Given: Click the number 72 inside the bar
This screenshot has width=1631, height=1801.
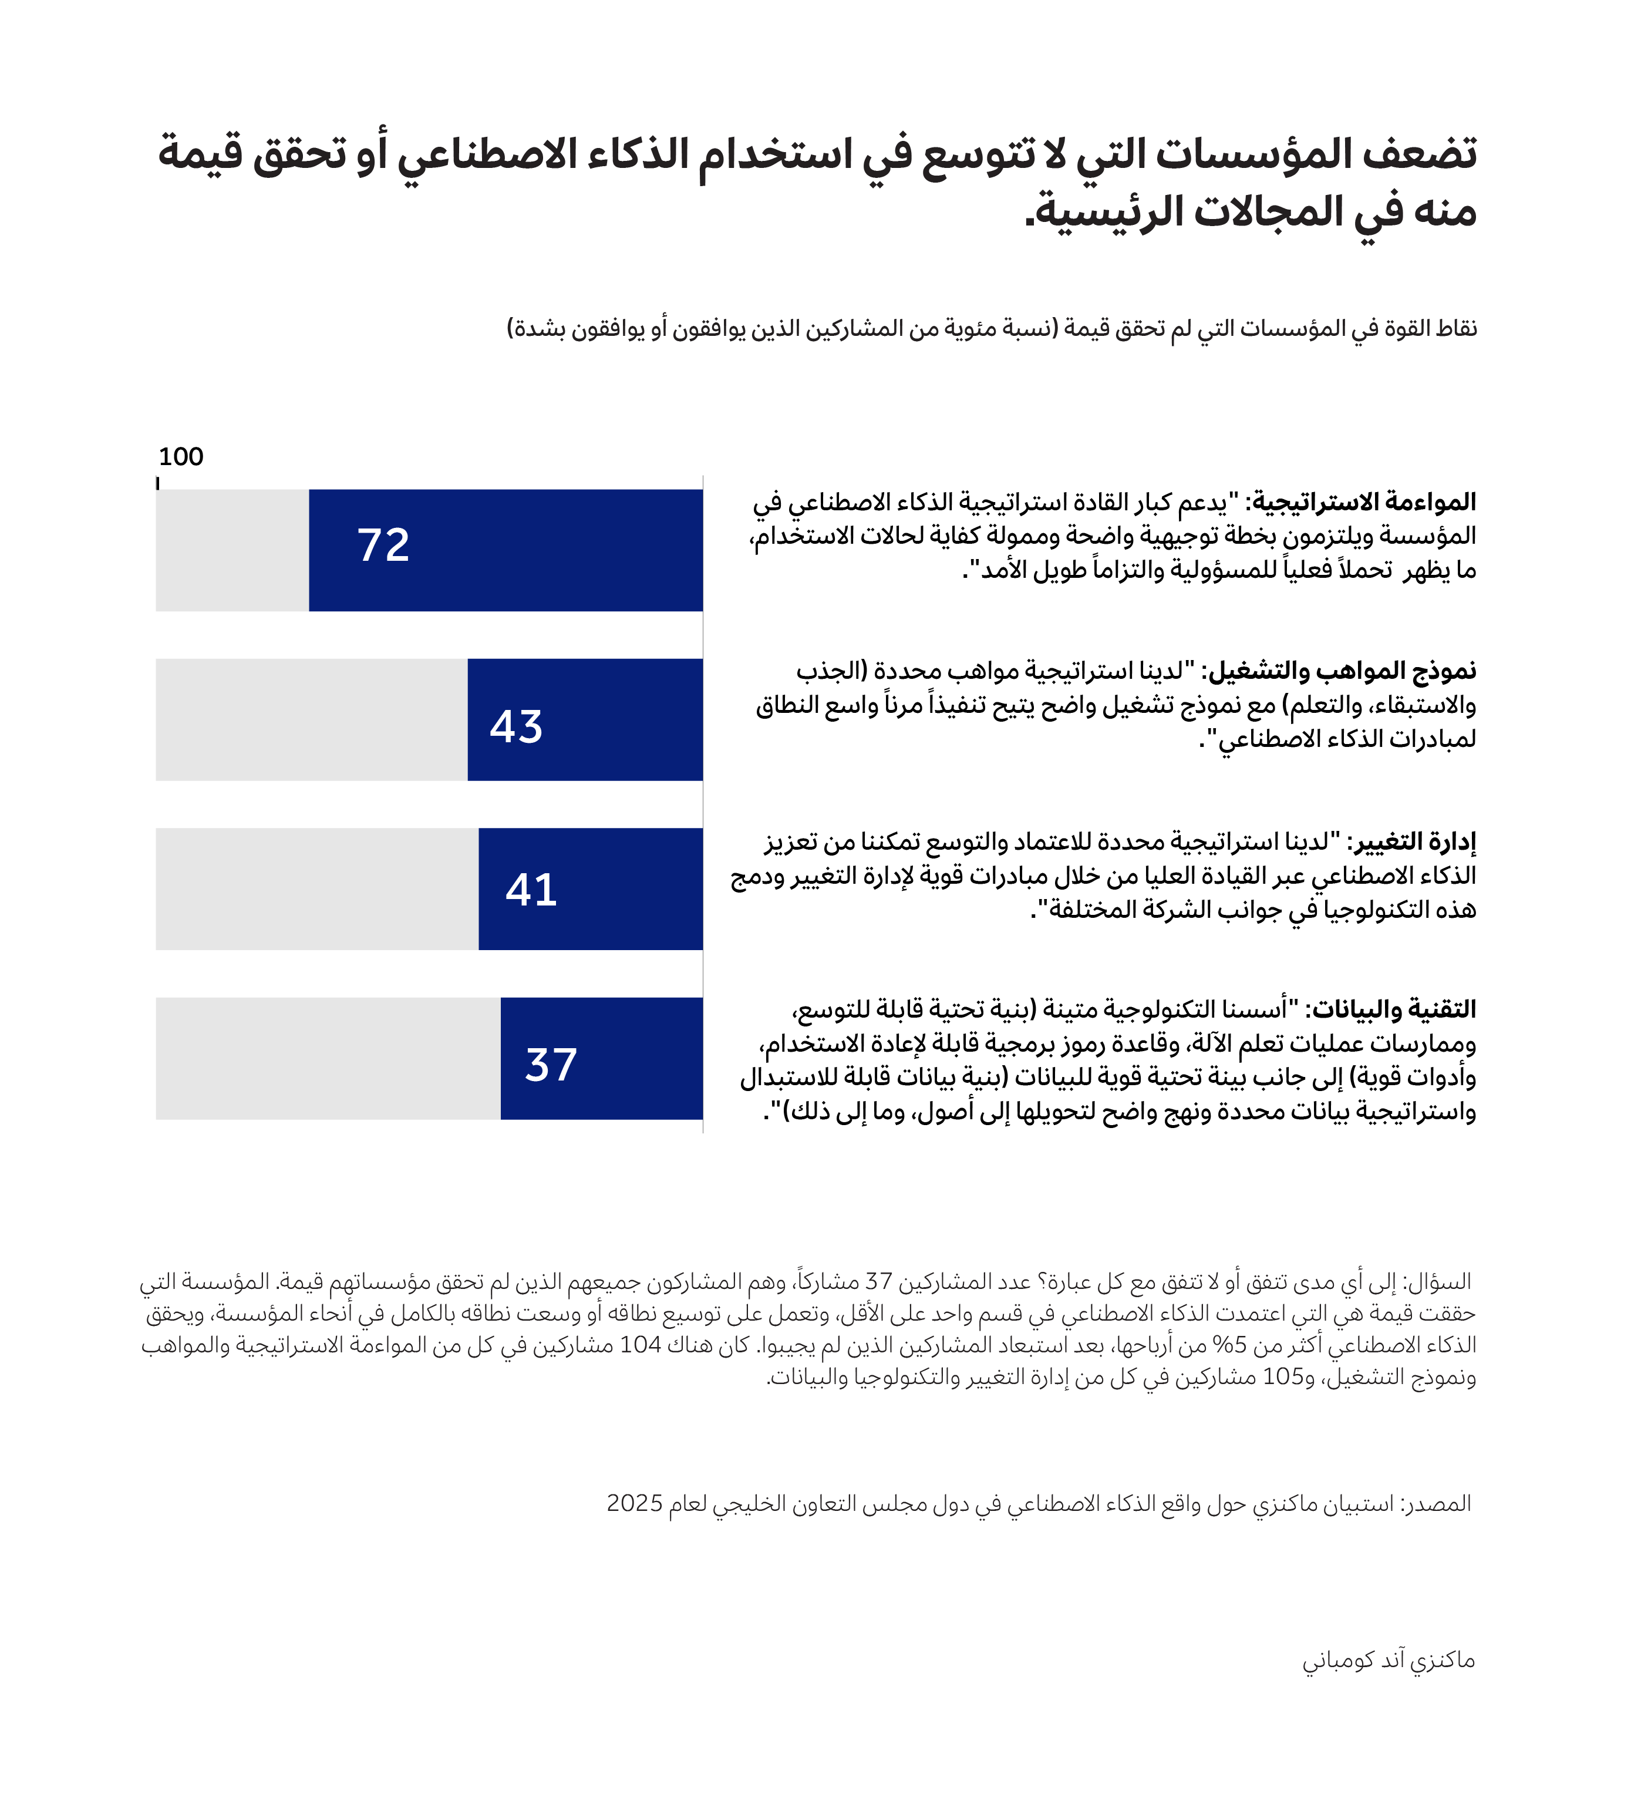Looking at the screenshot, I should pyautogui.click(x=383, y=545).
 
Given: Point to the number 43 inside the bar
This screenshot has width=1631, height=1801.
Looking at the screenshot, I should pyautogui.click(x=516, y=727).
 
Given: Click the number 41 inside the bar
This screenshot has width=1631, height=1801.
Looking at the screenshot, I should pyautogui.click(x=531, y=890).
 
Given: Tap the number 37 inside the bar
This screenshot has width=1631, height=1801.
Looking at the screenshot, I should pyautogui.click(x=551, y=1065).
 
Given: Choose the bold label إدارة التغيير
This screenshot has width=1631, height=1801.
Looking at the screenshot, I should pyautogui.click(x=1412, y=841).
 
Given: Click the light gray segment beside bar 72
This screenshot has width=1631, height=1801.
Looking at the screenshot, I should pyautogui.click(x=232, y=550).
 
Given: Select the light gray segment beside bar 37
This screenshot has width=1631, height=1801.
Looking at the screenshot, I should pyautogui.click(x=328, y=1059).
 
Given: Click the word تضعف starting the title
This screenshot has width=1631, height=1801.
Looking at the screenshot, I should pyautogui.click(x=1420, y=154).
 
